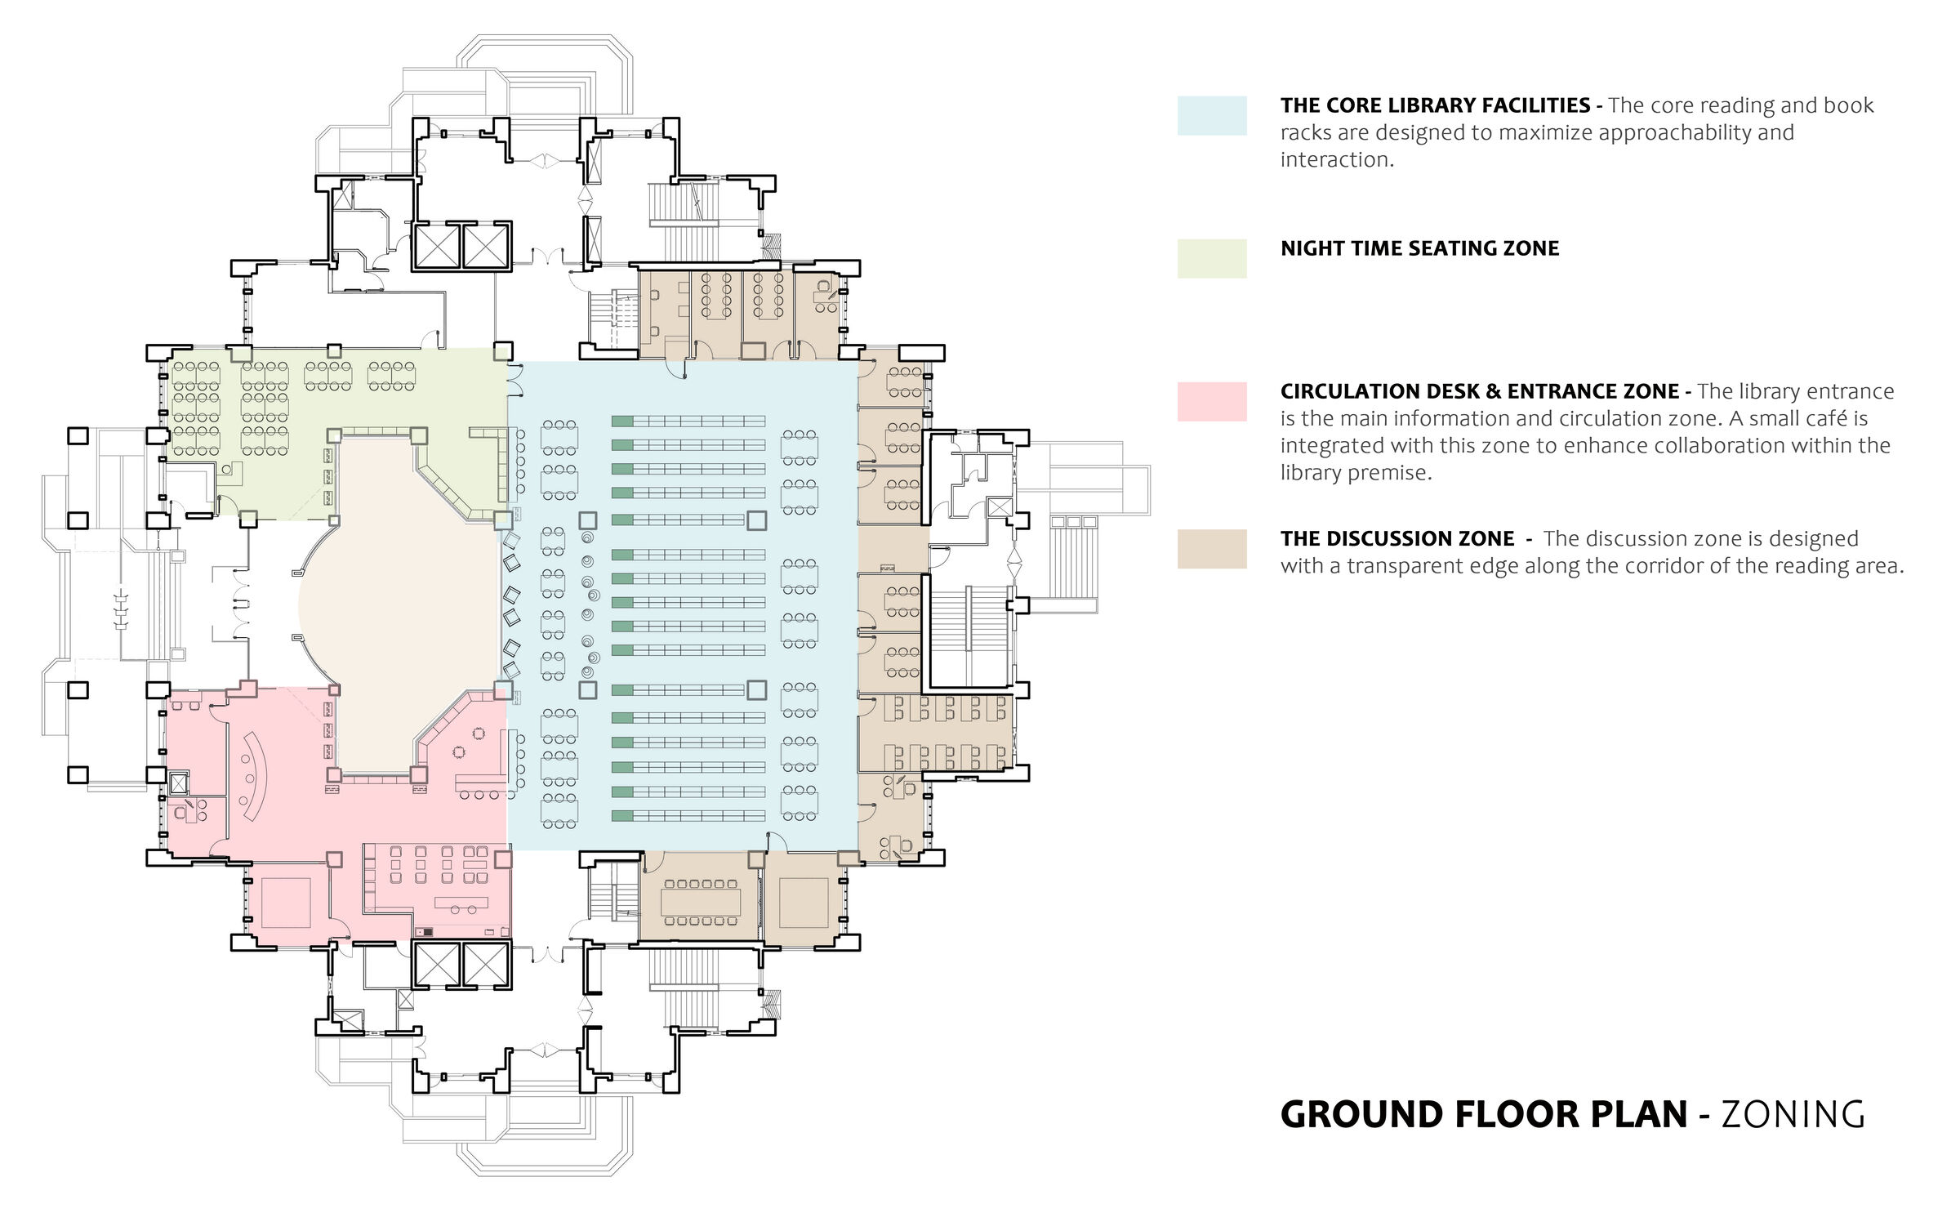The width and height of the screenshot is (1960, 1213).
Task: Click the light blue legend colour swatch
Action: coord(1212,115)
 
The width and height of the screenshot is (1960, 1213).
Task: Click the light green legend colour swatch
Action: coord(1212,258)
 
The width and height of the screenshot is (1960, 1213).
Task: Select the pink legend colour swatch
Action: coord(1212,401)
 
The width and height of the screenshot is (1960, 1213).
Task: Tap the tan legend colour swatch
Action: coord(1212,548)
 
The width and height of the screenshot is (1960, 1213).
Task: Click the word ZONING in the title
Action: coord(1793,1115)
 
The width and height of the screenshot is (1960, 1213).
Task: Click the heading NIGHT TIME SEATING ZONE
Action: coord(1419,248)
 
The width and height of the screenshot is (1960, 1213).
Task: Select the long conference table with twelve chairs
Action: coord(701,902)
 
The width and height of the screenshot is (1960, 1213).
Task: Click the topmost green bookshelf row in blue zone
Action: coord(688,421)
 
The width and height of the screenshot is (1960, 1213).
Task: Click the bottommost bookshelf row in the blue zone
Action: coord(688,815)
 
